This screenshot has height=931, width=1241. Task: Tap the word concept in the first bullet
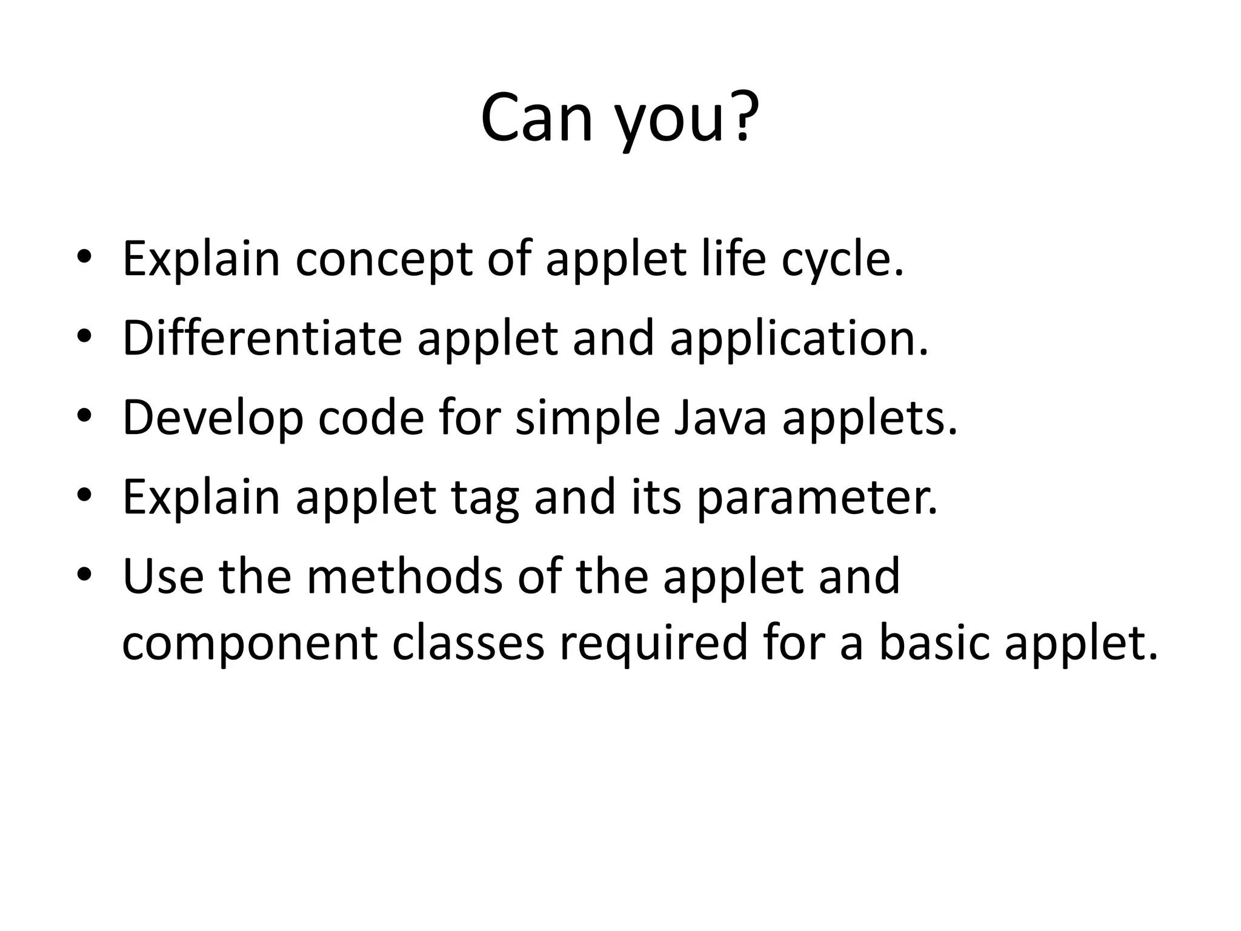[x=384, y=259]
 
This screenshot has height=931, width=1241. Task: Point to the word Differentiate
[x=262, y=338]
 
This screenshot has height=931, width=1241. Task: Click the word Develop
[x=213, y=419]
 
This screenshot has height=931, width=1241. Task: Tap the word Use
[x=163, y=576]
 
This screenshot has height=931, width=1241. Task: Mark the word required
[x=653, y=644]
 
